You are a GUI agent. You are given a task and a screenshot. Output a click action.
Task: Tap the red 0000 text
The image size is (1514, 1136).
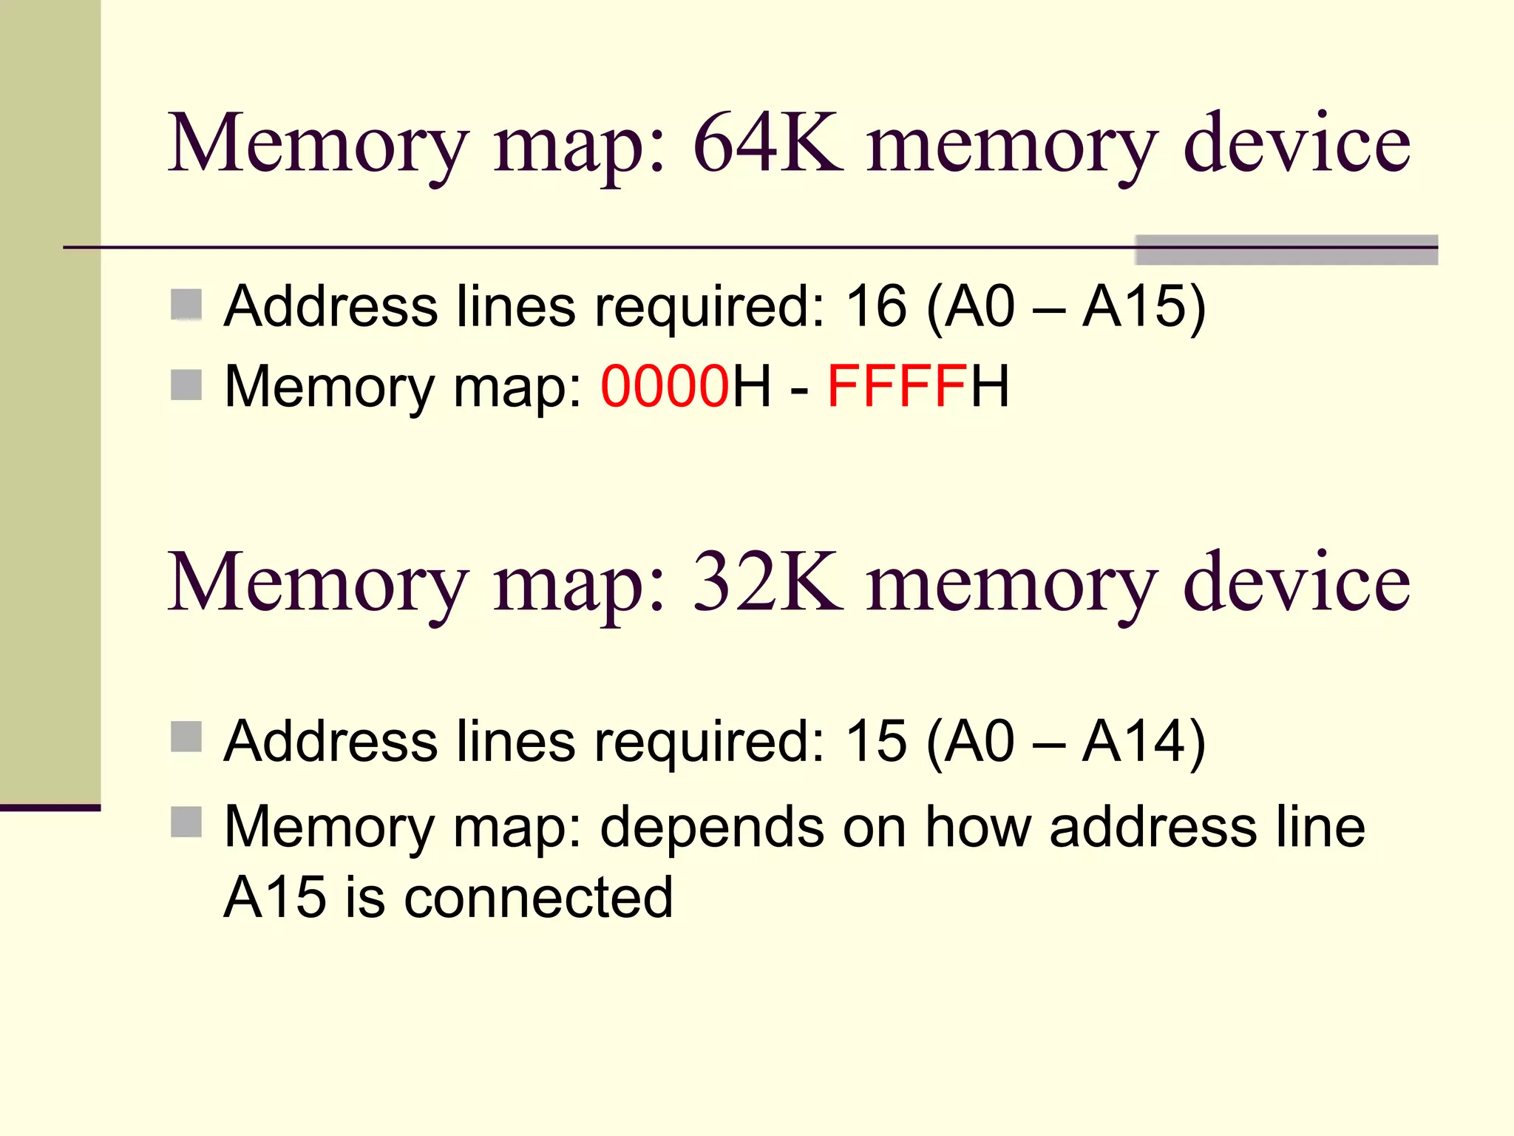(665, 386)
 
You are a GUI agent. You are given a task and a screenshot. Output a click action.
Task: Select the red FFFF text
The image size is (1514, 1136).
(896, 386)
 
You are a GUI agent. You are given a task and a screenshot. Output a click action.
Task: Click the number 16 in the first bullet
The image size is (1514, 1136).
(876, 306)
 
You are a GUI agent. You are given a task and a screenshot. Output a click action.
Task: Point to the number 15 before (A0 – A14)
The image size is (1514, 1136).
(876, 741)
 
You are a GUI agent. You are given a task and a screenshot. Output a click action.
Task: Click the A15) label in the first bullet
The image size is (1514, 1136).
(1144, 306)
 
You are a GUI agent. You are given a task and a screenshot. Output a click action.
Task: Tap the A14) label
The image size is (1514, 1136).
(1144, 741)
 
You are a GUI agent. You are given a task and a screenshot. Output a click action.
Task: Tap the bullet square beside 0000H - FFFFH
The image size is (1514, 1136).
(186, 385)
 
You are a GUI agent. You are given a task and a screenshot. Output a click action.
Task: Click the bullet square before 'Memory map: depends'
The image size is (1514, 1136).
(186, 822)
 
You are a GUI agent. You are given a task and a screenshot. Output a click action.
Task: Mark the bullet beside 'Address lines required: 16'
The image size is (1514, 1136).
(186, 305)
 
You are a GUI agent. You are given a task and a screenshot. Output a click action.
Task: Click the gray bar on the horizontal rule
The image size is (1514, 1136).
(1286, 250)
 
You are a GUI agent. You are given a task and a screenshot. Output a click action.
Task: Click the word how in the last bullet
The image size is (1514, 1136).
(978, 827)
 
